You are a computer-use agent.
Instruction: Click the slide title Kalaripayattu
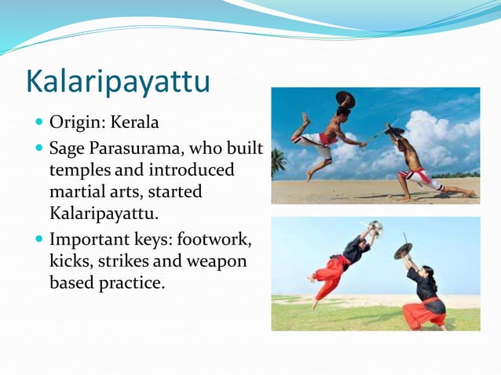pyautogui.click(x=118, y=81)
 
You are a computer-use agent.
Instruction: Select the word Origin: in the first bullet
pyautogui.click(x=79, y=123)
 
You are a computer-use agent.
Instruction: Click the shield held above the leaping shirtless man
pyautogui.click(x=345, y=100)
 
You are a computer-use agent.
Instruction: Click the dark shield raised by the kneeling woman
pyautogui.click(x=403, y=251)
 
